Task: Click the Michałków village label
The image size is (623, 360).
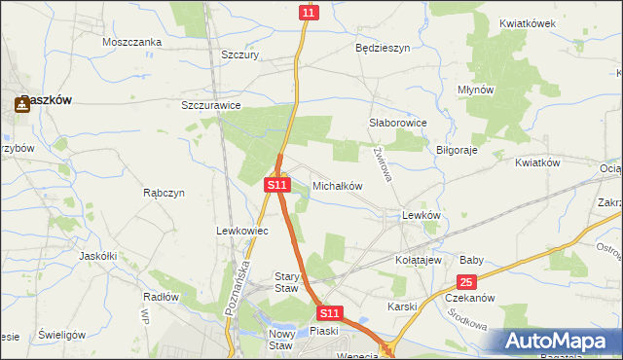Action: pos(337,185)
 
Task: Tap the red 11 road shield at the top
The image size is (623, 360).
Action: pos(308,12)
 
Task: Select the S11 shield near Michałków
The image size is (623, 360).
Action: pos(277,184)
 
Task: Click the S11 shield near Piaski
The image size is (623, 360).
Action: pos(330,313)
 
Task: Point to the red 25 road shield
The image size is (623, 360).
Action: pos(465,282)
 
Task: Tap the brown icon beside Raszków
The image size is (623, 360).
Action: pos(21,102)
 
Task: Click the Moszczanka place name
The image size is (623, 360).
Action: pos(131,42)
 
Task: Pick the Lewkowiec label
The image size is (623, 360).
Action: pos(235,231)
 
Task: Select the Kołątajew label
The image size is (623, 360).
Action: pos(420,261)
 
